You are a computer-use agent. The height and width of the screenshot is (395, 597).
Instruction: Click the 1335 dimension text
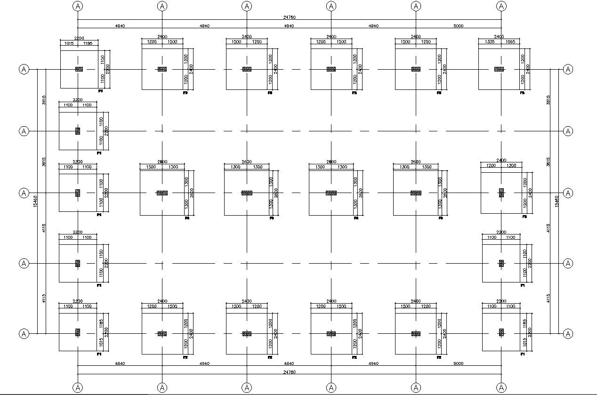click(x=489, y=42)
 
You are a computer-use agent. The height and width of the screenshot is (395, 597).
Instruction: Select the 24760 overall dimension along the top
click(x=289, y=17)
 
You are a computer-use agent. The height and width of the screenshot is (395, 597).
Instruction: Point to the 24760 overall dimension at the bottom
click(x=289, y=372)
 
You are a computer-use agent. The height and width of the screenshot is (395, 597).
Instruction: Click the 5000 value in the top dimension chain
click(x=458, y=26)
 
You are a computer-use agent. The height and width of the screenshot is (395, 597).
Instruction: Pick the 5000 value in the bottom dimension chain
click(x=458, y=363)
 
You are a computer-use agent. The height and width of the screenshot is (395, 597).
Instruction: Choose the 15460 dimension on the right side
click(x=557, y=202)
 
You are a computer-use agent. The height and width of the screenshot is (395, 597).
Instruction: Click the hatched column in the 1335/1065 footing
click(x=499, y=69)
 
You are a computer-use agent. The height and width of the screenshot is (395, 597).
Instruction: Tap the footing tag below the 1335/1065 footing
click(x=522, y=93)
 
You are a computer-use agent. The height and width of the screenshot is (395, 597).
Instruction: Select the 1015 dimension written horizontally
click(x=66, y=43)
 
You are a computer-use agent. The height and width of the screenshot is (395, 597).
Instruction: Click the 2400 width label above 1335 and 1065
click(x=499, y=36)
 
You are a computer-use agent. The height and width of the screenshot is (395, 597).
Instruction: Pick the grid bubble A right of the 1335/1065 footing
click(x=568, y=69)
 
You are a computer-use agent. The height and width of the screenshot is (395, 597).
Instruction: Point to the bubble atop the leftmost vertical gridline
click(x=78, y=6)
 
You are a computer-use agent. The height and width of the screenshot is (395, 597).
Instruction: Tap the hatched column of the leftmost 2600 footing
click(x=162, y=193)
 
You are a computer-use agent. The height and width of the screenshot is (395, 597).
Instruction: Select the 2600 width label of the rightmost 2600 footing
click(x=416, y=162)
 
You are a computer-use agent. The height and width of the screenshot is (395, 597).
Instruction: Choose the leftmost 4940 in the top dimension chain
click(x=120, y=26)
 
